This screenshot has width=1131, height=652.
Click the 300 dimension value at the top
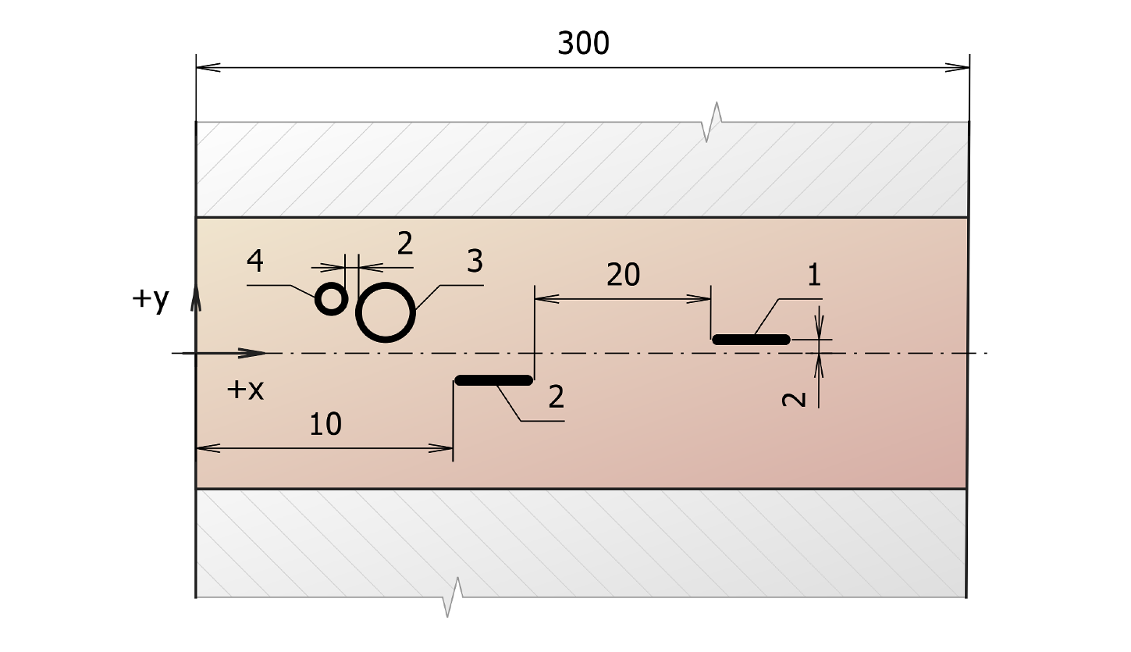pos(583,45)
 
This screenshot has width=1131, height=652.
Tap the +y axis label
pos(150,300)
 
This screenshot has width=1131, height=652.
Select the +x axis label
pos(245,390)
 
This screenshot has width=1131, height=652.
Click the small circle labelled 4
pos(331,299)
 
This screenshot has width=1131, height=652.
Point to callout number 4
pos(254,261)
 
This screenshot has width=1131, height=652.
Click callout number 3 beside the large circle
pos(474,261)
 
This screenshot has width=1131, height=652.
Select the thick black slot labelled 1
pos(752,339)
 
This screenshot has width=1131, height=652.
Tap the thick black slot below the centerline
pos(493,380)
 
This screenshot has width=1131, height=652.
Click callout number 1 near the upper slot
pos(814,276)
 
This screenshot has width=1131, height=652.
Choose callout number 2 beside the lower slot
pos(556,397)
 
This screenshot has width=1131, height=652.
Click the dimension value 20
pos(623,275)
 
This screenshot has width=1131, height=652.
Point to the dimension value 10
pos(325,425)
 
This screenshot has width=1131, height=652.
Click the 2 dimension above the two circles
pos(404,244)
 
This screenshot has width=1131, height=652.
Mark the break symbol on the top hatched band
pos(712,122)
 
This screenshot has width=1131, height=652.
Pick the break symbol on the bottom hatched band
pos(452,597)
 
